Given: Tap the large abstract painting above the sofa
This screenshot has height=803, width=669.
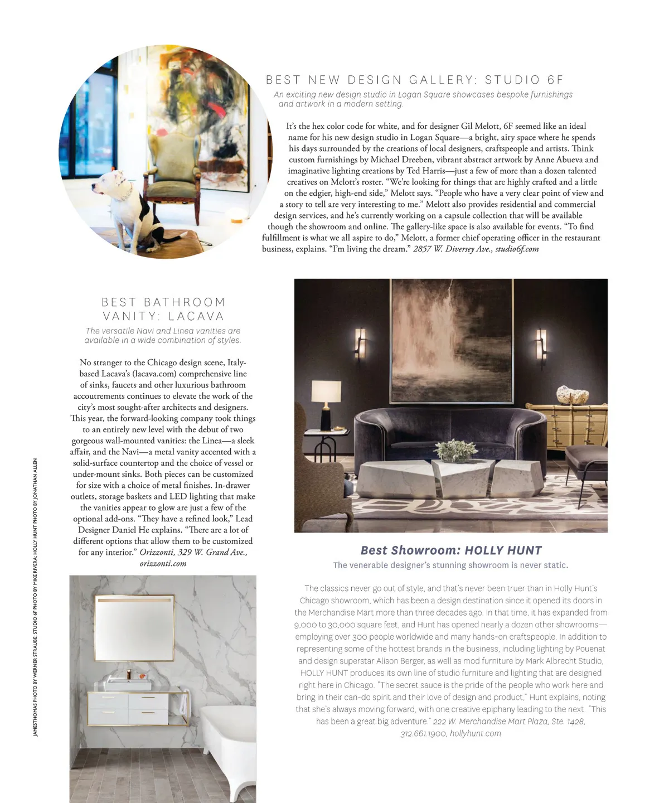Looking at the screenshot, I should [x=452, y=340].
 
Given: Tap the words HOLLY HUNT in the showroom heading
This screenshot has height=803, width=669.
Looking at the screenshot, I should [x=503, y=550].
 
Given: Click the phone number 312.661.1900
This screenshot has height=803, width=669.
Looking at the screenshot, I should [x=423, y=734].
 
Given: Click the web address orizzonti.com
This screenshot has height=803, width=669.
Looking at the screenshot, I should [x=163, y=563].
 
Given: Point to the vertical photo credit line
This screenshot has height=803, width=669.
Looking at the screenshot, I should [x=35, y=597].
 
